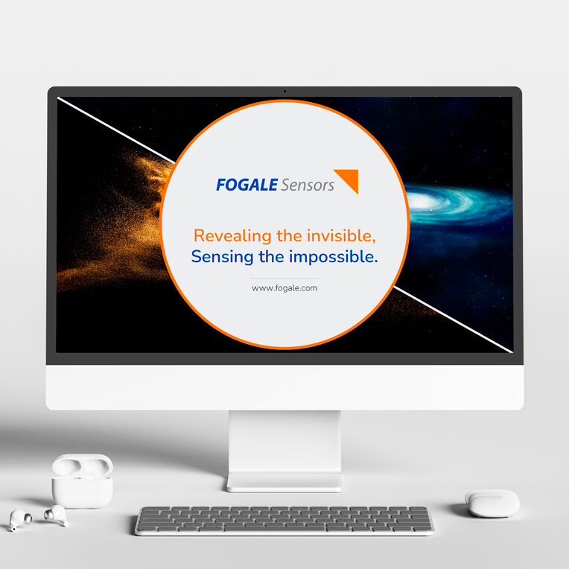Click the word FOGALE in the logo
pos(247,185)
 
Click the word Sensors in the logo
pos(308,185)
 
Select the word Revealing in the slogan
pos(232,236)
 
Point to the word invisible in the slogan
pos(341,236)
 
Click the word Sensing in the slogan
pos(222,257)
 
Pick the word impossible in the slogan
pos(334,257)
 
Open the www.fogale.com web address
pos(284,288)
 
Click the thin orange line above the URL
pos(284,278)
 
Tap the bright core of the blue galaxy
pos(420,200)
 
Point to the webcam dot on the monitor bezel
pos(284,92)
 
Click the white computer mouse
pos(492,503)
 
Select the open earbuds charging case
pos(83,481)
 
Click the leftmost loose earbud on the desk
pos(19,519)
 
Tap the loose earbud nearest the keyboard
pos(57,515)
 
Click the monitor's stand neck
pos(284,442)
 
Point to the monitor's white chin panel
pos(284,387)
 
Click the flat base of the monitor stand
pos(284,483)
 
